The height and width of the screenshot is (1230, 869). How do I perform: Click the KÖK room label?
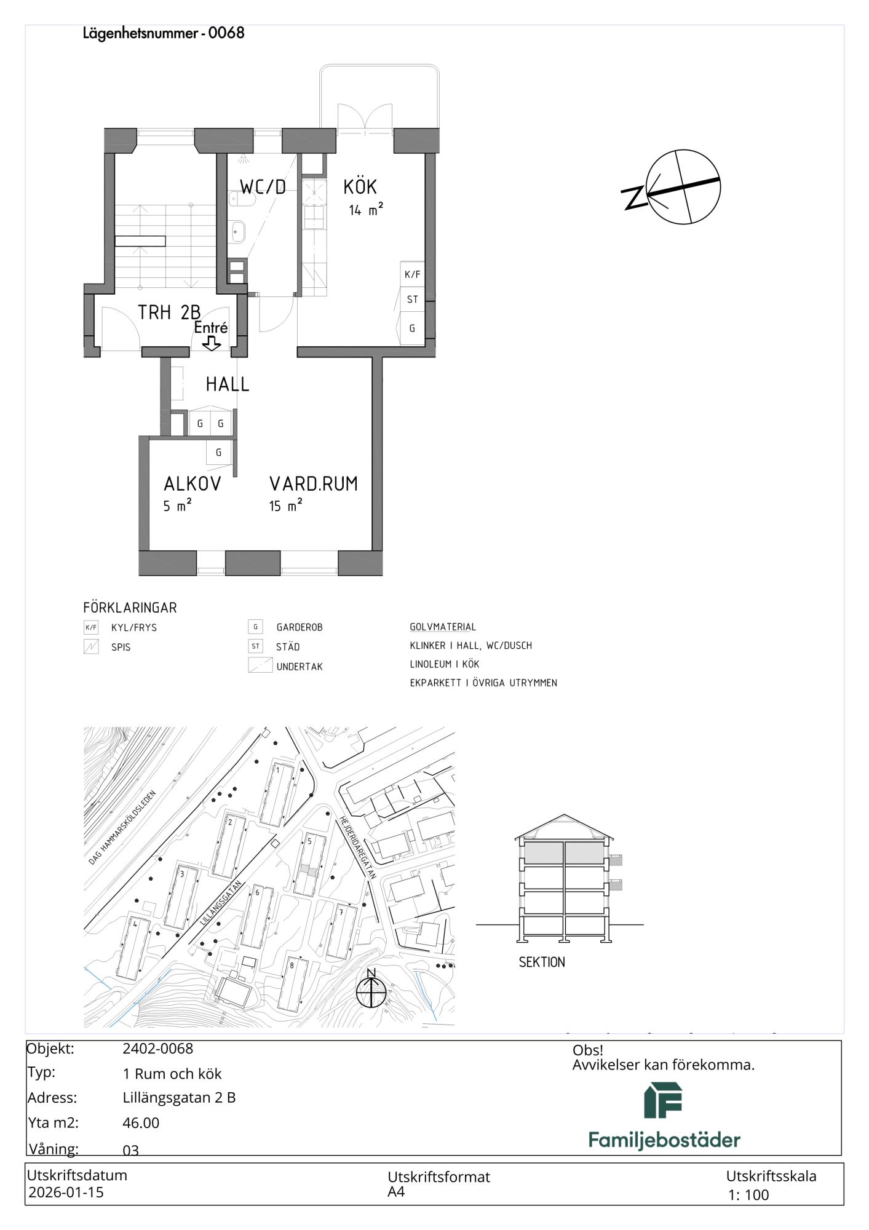(x=360, y=186)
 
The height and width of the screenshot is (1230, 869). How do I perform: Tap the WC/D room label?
(x=263, y=187)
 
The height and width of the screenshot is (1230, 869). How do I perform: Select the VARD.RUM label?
(x=314, y=484)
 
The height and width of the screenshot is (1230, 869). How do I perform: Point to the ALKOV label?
(x=192, y=484)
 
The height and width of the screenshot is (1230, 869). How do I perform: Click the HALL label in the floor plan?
(x=228, y=384)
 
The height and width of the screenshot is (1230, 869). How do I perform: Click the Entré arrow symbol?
(x=212, y=343)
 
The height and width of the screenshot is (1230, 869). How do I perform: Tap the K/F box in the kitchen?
(x=412, y=275)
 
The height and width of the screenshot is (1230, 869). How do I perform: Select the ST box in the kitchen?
(x=412, y=300)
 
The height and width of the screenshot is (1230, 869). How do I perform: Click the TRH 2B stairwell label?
(x=169, y=312)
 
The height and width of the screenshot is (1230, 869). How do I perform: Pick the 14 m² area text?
(x=366, y=210)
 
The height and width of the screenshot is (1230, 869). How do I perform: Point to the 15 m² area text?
(x=286, y=506)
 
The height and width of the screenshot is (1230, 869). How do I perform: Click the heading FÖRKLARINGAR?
(x=130, y=608)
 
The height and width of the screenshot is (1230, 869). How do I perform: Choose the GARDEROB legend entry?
(x=300, y=627)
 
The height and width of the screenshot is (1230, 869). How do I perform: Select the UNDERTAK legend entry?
(x=300, y=667)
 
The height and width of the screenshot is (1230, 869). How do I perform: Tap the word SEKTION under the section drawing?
(x=542, y=962)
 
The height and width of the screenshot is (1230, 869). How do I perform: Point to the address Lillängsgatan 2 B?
(x=179, y=1098)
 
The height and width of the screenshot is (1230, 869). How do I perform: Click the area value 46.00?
(x=141, y=1123)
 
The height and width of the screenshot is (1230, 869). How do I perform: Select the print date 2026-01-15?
(x=66, y=1192)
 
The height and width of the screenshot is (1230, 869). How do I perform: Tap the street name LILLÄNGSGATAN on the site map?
(x=220, y=903)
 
